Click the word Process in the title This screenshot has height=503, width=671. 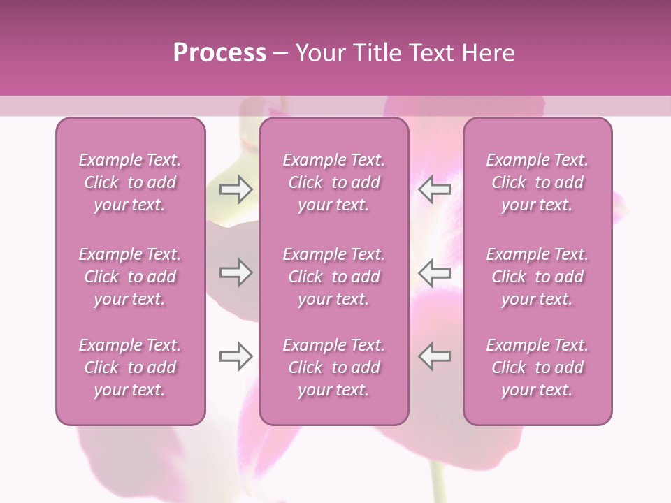pos(219,53)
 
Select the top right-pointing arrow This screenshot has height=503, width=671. pos(236,189)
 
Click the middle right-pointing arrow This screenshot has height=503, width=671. pos(236,272)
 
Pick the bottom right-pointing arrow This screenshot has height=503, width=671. pos(236,356)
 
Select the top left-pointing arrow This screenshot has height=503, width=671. pos(435,189)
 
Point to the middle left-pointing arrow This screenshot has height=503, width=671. pos(435,272)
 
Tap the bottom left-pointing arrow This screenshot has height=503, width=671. pos(435,356)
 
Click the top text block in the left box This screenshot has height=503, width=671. pos(130,182)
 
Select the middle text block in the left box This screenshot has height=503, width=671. pos(130,277)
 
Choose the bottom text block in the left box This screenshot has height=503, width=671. pos(130,367)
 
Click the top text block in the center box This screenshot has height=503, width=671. pos(334,182)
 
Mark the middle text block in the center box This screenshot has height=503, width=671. pos(334,277)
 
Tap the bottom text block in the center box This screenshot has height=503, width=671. pos(334,367)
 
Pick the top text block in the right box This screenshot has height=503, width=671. pos(537,182)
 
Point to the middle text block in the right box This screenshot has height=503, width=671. pos(537,277)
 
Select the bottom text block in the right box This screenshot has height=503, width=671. pos(537,367)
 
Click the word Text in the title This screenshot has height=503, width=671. pos(428,53)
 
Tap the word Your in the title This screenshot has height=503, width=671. pos(318,53)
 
